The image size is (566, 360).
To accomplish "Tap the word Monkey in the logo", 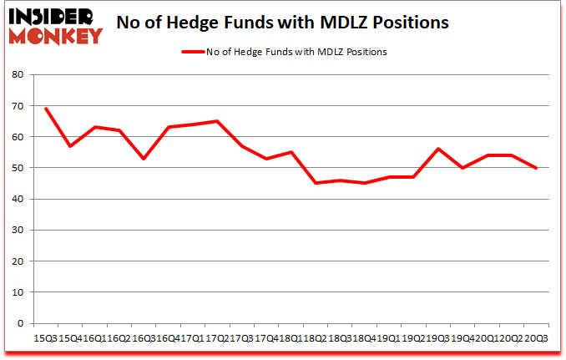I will pyautogui.click(x=54, y=35).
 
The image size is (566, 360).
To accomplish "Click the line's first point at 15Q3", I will pyautogui.click(x=45, y=109).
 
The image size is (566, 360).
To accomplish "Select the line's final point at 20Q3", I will pyautogui.click(x=536, y=168).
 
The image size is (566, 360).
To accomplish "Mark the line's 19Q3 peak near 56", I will pyautogui.click(x=437, y=149).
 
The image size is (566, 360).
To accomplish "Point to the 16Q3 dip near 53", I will pyautogui.click(x=144, y=159).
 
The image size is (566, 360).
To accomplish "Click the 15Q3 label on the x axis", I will pyautogui.click(x=45, y=338).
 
